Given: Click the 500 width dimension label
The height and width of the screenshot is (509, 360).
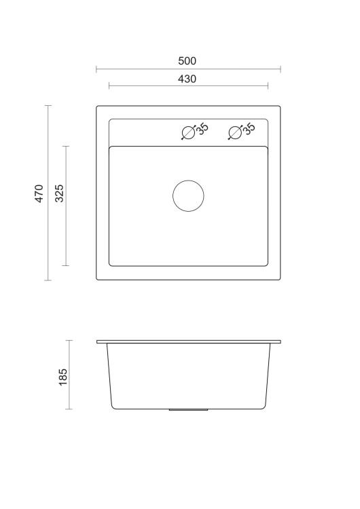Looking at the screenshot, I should pyautogui.click(x=188, y=61).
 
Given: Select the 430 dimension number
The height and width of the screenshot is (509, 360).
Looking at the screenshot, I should pyautogui.click(x=187, y=79).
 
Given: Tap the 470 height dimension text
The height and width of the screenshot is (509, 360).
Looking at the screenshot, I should pyautogui.click(x=39, y=193).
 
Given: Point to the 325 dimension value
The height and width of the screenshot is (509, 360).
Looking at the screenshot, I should pyautogui.click(x=59, y=193).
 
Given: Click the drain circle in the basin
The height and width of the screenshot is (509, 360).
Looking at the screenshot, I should pyautogui.click(x=188, y=195).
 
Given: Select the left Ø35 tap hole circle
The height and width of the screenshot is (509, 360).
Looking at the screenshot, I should pyautogui.click(x=188, y=133).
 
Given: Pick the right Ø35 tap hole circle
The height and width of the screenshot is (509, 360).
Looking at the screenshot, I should pyautogui.click(x=235, y=133).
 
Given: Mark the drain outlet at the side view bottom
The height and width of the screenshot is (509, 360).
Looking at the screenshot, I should pyautogui.click(x=188, y=410).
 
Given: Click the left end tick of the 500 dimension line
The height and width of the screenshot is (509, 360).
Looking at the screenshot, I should pyautogui.click(x=96, y=69).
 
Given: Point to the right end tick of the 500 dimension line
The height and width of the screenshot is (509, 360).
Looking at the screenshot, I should pyautogui.click(x=281, y=69).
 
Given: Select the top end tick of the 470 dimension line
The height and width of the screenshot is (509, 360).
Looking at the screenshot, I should pyautogui.click(x=48, y=106).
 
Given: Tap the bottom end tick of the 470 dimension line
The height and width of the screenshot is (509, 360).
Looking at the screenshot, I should pyautogui.click(x=48, y=280).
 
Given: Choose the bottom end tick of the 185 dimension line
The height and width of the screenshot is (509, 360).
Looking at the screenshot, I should pyautogui.click(x=69, y=409).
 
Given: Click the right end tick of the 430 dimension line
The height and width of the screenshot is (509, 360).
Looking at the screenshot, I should pyautogui.click(x=268, y=86).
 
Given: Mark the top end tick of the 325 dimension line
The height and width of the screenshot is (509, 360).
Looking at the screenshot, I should pyautogui.click(x=66, y=146).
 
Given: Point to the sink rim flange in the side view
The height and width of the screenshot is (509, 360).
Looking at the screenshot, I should pyautogui.click(x=188, y=341).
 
